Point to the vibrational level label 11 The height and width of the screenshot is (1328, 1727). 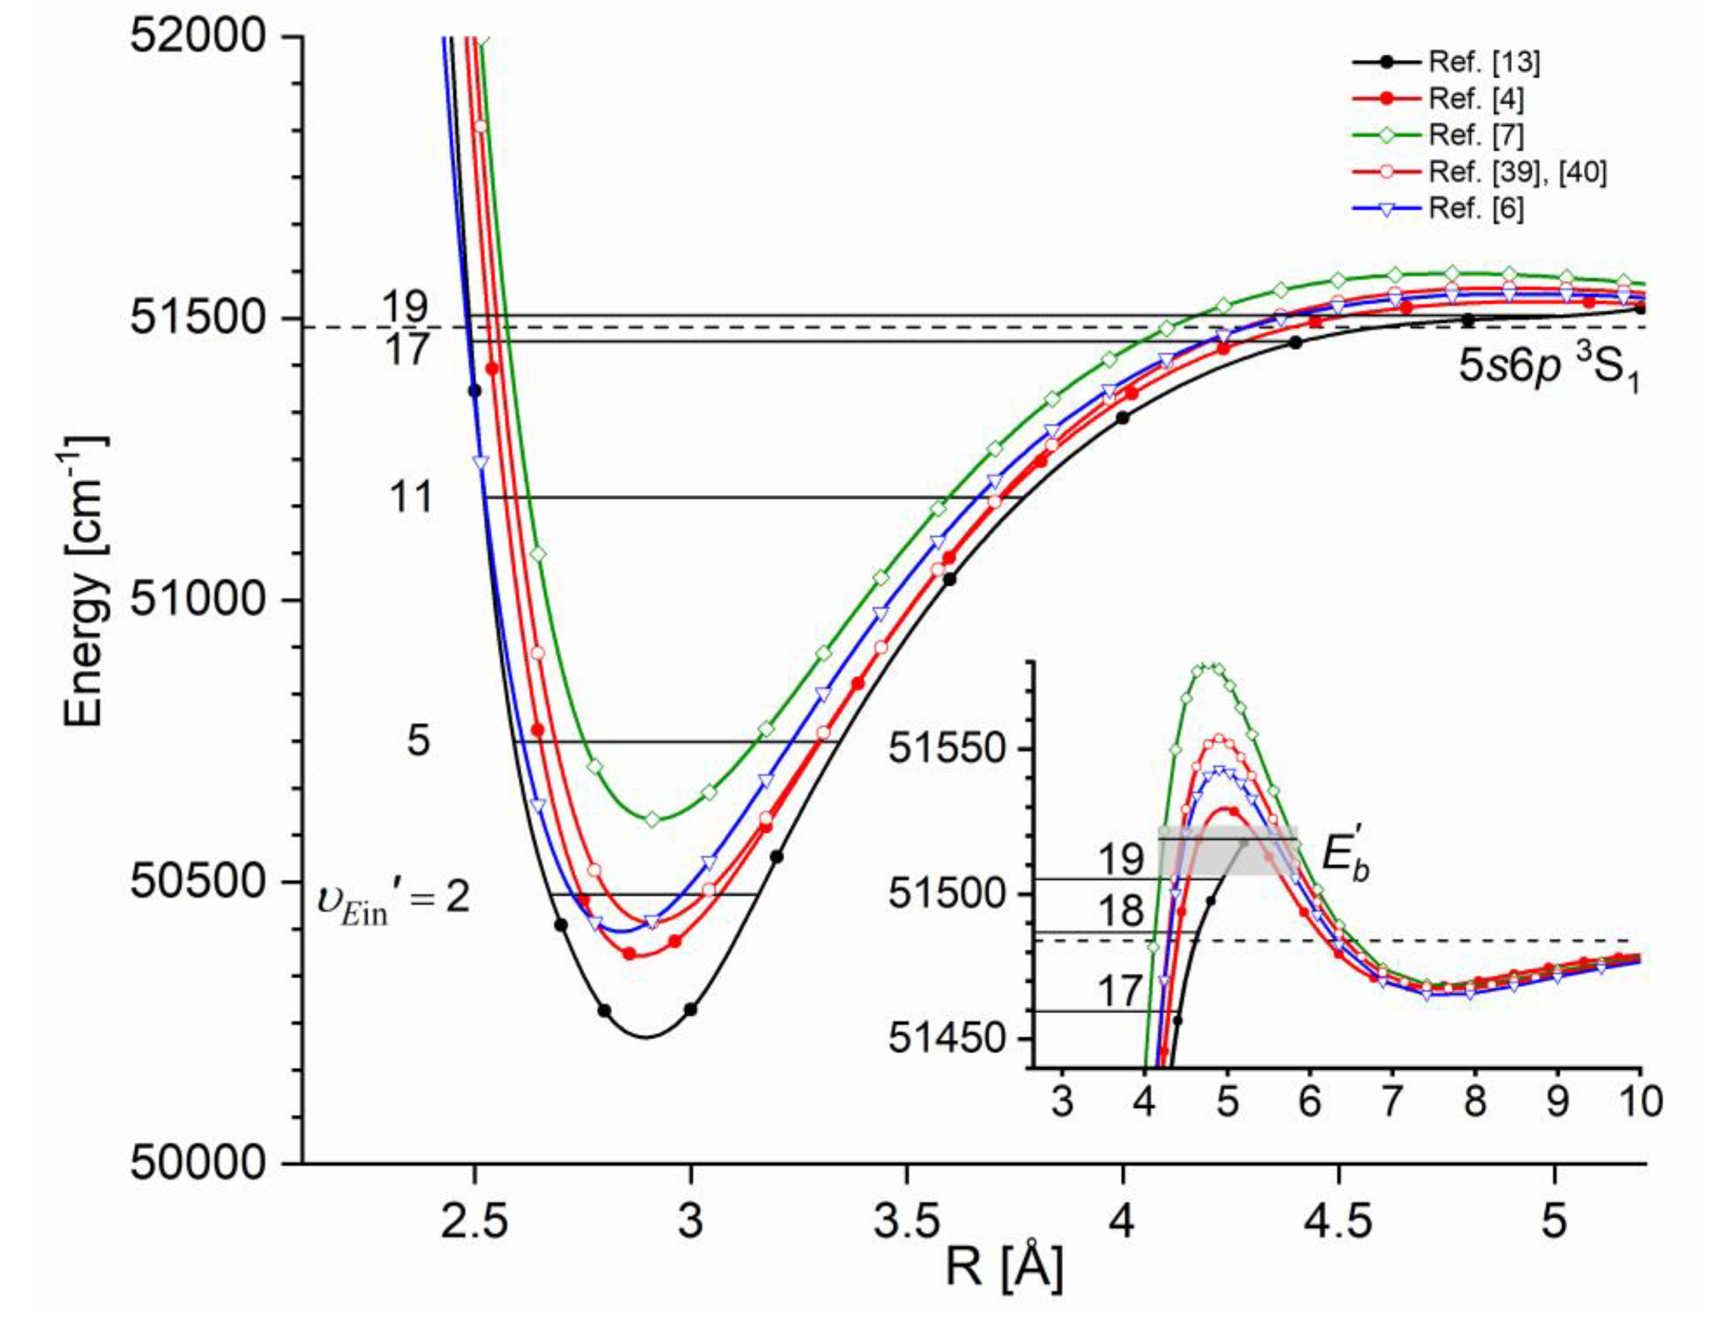[411, 498]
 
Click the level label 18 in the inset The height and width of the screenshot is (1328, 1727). [1120, 911]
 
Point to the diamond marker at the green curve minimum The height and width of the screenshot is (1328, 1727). [652, 819]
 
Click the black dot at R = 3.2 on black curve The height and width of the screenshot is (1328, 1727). [777, 857]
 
